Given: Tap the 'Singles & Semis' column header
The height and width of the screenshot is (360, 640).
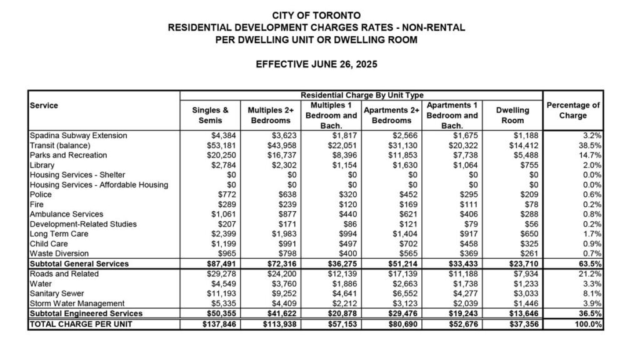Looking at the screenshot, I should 210,115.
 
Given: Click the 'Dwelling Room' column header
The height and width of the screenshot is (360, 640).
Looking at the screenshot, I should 512,115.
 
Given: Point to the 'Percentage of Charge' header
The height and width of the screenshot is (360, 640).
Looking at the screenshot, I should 573,111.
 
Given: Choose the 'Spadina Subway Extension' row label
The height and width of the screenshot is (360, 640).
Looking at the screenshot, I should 78,136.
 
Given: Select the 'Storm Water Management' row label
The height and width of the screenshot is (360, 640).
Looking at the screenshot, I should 76,303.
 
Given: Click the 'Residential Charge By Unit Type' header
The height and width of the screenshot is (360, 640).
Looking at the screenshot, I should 361,95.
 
